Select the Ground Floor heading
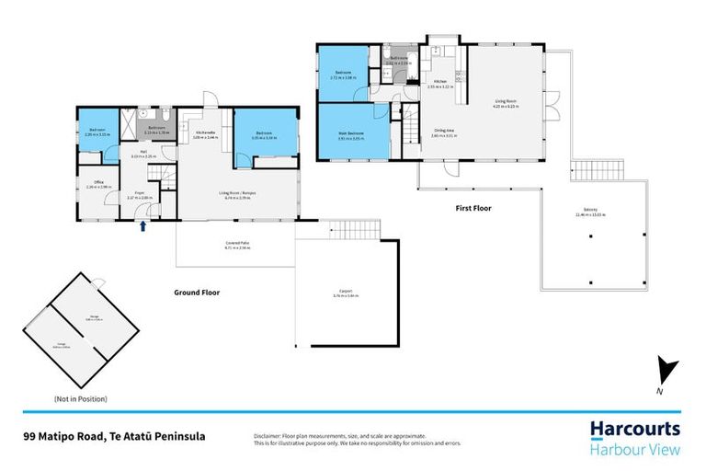click(197, 293)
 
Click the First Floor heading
click(473, 209)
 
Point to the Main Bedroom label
click(349, 134)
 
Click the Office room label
click(98, 182)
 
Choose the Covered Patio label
click(236, 244)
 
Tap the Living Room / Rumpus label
click(237, 192)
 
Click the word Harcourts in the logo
click(634, 430)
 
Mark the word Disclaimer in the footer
click(268, 435)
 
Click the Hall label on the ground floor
click(144, 152)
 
